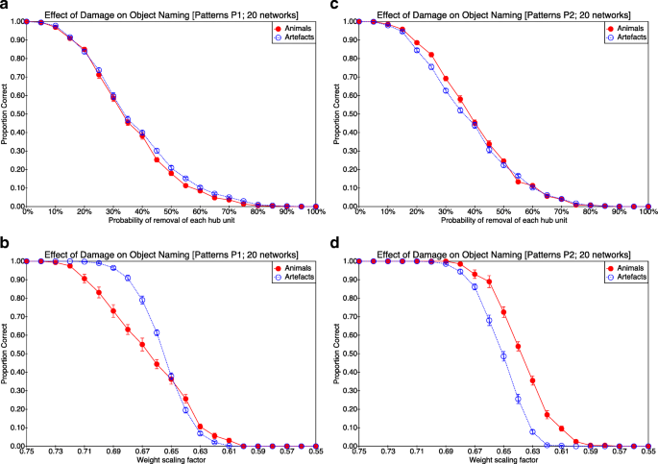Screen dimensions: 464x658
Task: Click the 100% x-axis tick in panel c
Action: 646,213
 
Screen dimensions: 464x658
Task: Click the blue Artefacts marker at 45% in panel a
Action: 157,151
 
